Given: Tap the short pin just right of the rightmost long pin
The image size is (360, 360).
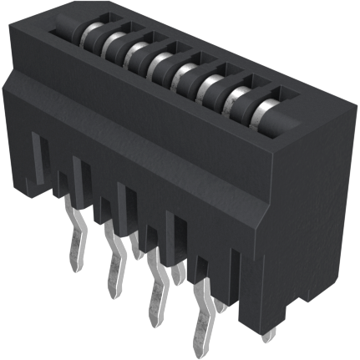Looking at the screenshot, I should pyautogui.click(x=221, y=306).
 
